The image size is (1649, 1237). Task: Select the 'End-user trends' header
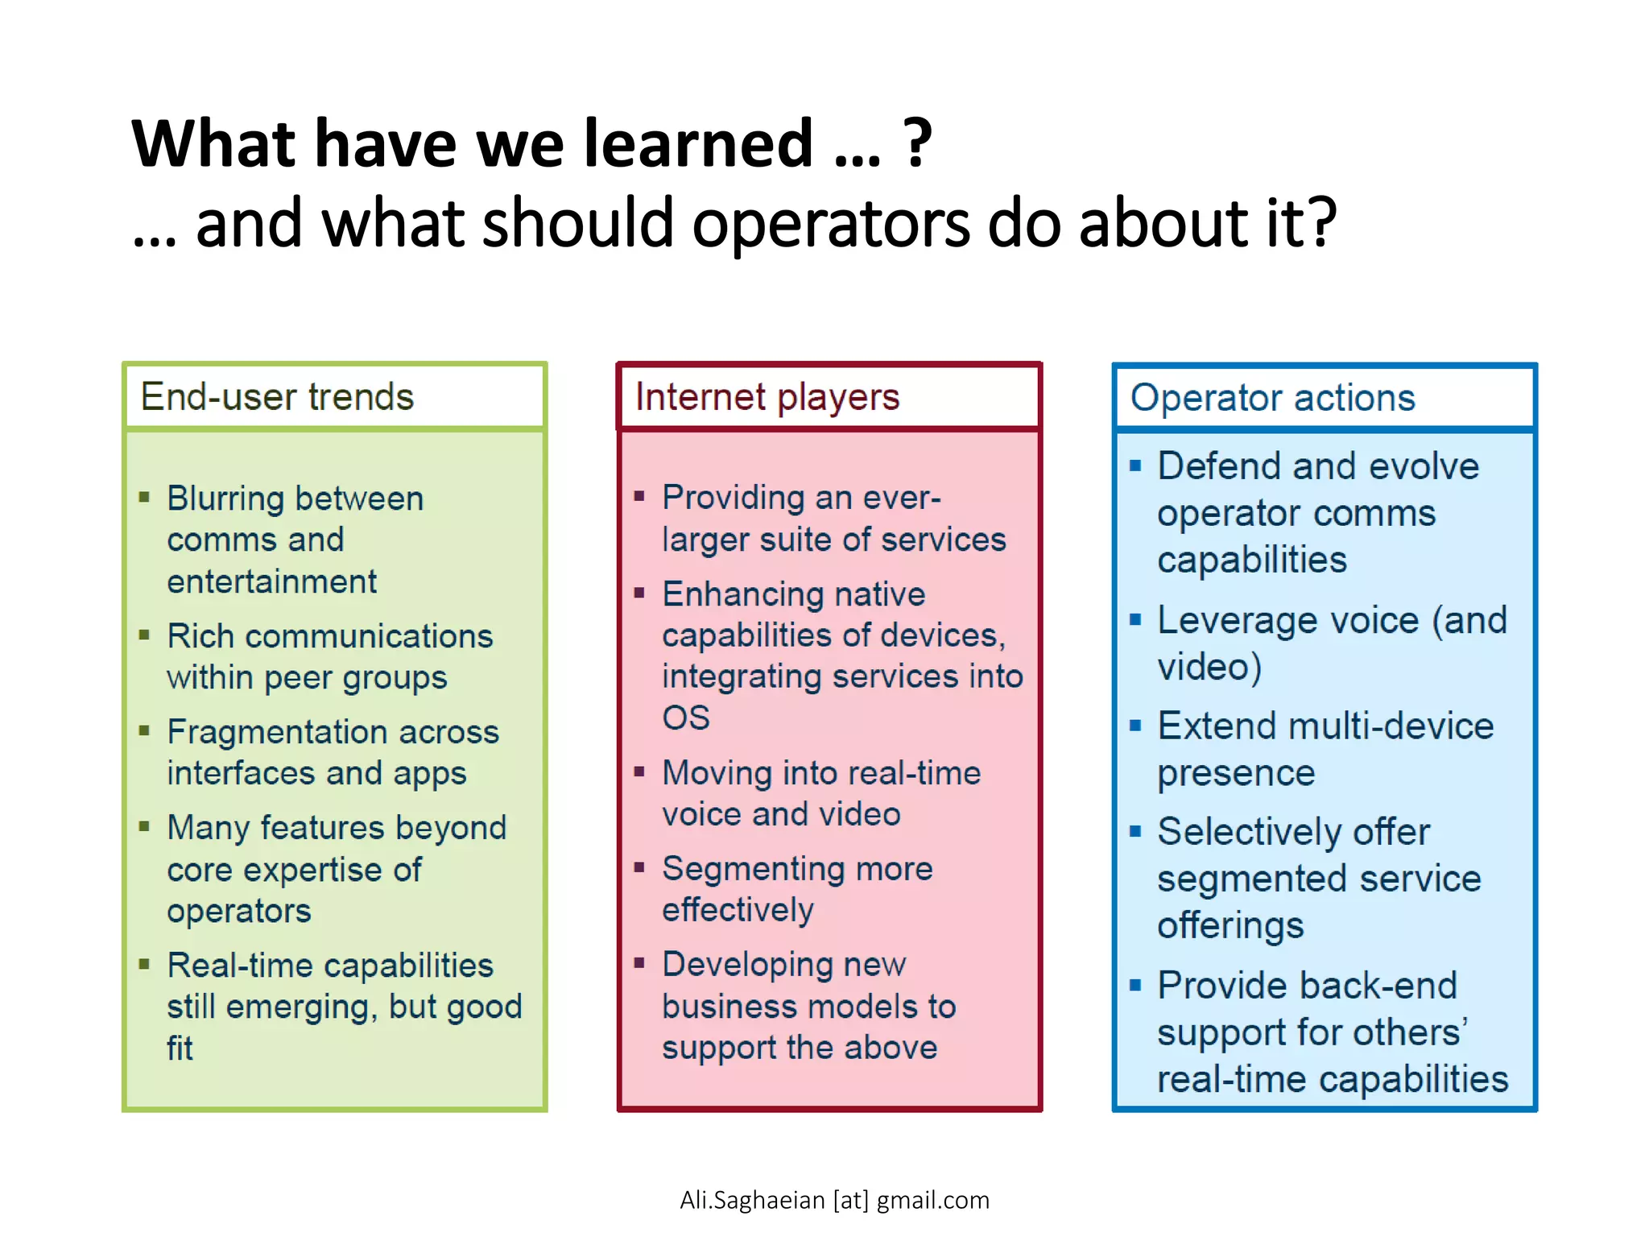coord(277,397)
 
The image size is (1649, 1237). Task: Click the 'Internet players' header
coord(767,397)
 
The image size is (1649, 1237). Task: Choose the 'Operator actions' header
coord(1272,398)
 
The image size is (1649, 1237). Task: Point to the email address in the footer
coord(834,1200)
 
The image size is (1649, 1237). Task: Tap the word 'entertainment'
coord(271,581)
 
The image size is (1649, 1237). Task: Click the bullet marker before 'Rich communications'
coord(145,635)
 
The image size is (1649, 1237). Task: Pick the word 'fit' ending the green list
coord(180,1049)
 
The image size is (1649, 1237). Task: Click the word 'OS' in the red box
coord(685,718)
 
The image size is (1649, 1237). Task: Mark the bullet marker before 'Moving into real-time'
coord(639,772)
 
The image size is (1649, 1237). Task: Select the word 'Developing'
coord(747,965)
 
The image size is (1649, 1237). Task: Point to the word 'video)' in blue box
coord(1209,667)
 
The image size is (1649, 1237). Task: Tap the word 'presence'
coord(1236,773)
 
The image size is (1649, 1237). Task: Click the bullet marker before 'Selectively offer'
coord(1135,831)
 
